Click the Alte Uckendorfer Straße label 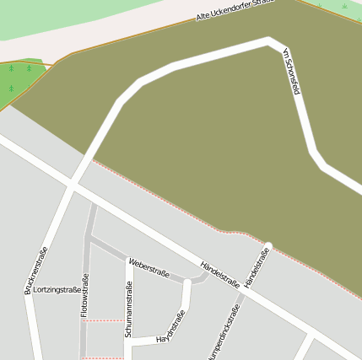[x=235, y=11]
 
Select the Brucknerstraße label [x=35, y=270]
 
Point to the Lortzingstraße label [x=57, y=289]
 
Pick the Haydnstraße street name [x=171, y=327]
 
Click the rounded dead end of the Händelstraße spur [x=268, y=246]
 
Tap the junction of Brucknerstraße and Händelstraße [x=73, y=184]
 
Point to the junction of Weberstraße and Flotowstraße [x=89, y=240]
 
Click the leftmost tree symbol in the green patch [x=10, y=67]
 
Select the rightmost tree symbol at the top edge [x=344, y=6]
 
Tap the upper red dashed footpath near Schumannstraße [x=104, y=320]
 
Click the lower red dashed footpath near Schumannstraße [x=105, y=357]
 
